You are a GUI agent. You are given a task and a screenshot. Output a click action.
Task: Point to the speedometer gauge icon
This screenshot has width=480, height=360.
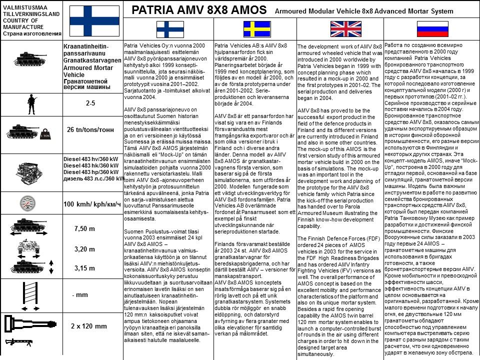point(31,203)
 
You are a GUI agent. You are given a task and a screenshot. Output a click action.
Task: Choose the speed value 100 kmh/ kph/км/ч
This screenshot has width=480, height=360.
point(92,204)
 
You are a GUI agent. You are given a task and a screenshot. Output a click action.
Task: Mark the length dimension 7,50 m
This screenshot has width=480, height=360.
point(84,228)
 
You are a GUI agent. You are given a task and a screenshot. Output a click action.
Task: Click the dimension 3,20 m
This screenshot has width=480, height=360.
point(84,249)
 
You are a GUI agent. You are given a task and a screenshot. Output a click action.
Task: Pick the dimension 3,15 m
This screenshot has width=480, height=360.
point(84,268)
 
